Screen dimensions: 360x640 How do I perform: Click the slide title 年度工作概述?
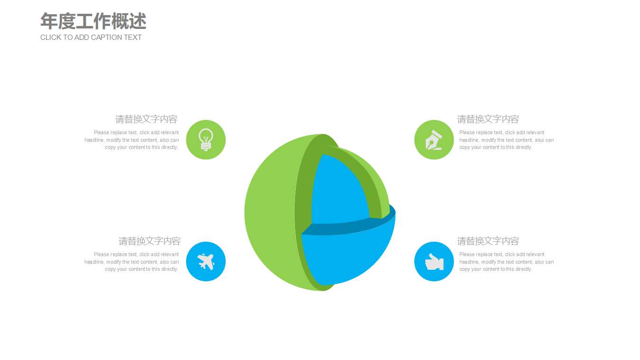[93, 21]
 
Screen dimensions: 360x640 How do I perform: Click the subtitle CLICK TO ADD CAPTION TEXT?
[91, 37]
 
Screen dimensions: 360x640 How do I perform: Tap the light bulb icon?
[206, 139]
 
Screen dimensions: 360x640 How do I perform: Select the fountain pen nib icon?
[434, 139]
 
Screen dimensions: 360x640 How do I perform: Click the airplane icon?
[206, 261]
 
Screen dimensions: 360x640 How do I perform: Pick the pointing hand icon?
[434, 261]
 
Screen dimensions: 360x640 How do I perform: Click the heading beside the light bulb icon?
[146, 119]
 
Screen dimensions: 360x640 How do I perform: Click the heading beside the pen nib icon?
[488, 119]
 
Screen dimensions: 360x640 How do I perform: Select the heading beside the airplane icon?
[149, 241]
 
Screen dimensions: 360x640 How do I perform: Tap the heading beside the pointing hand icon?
[488, 241]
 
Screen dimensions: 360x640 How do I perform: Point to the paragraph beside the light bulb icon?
[132, 140]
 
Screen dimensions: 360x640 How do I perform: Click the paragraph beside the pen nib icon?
[506, 140]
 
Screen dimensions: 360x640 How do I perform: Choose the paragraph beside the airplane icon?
[132, 262]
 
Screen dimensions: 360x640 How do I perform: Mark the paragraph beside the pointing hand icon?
[506, 262]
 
